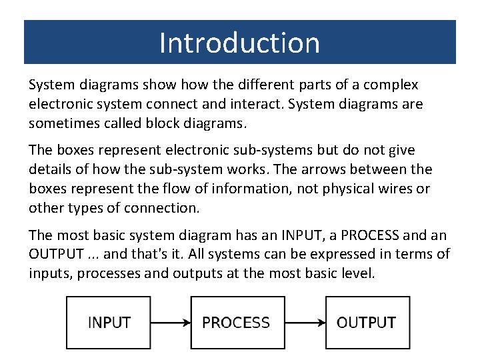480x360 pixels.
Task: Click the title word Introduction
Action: coord(239,43)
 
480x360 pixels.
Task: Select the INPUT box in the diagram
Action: coord(109,323)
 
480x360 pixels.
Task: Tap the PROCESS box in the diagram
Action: coord(235,323)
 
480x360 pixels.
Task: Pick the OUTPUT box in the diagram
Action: coord(367,323)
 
